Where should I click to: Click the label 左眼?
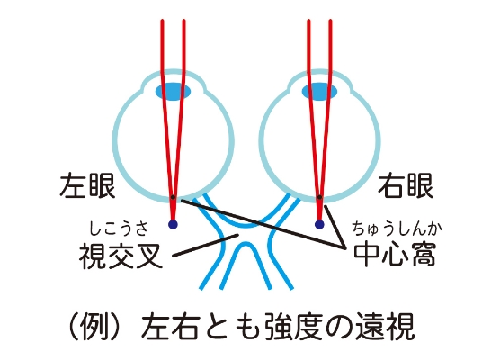(x=87, y=185)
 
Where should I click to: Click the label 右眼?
(x=406, y=185)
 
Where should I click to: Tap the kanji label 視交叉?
(x=121, y=256)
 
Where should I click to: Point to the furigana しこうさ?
(x=119, y=229)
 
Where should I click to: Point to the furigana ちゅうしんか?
(x=397, y=229)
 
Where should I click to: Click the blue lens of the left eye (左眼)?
(x=174, y=92)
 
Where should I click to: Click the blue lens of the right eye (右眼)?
(x=319, y=92)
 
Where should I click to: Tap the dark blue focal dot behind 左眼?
(x=173, y=225)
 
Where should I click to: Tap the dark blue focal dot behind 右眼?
(x=319, y=225)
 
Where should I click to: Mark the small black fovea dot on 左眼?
(x=173, y=198)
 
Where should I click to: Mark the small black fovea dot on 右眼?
(x=319, y=198)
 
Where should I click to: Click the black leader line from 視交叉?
(x=205, y=246)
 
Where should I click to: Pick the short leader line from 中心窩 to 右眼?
(x=335, y=227)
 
